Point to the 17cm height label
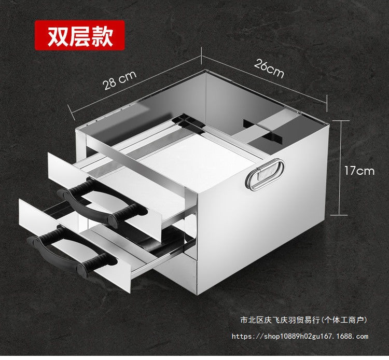[358, 170]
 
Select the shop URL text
[300, 337]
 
